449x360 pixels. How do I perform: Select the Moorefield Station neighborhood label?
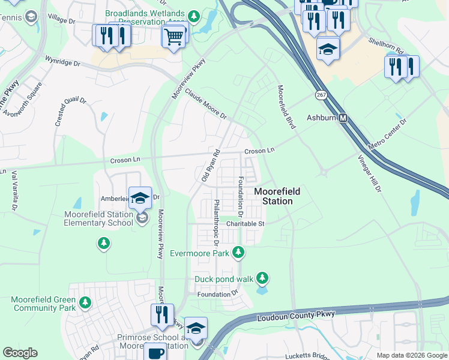click(x=277, y=196)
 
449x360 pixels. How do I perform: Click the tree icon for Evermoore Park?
click(x=238, y=252)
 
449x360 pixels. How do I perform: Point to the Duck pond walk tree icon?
click(x=262, y=277)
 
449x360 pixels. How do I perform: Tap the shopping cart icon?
click(x=173, y=37)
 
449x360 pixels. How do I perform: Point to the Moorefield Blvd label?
click(x=287, y=107)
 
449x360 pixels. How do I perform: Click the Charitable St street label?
click(x=246, y=224)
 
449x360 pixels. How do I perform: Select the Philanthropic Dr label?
click(x=215, y=223)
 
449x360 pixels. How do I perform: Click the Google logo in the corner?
click(x=20, y=353)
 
